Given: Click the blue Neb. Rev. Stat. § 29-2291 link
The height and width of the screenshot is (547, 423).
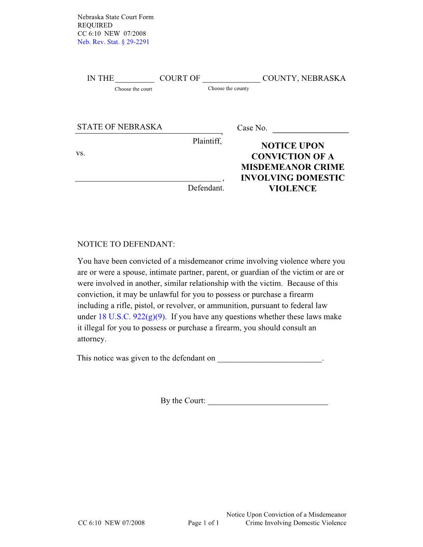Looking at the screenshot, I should [113, 42].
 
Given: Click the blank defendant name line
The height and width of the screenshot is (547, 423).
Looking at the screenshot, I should [148, 179].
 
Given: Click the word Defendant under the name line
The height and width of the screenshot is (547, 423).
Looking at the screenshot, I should [206, 188].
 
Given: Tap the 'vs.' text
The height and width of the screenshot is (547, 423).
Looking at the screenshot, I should [80, 153].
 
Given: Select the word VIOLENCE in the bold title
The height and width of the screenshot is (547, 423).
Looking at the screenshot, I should [292, 189].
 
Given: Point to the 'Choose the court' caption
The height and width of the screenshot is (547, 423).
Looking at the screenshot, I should [133, 89].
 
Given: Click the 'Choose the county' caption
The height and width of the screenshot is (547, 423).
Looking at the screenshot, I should [228, 89].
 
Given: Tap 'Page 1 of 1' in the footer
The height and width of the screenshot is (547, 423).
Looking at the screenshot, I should [204, 523].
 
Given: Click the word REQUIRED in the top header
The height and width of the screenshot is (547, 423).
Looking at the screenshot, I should [94, 25].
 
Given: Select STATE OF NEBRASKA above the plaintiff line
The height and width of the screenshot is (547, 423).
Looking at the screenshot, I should [120, 127].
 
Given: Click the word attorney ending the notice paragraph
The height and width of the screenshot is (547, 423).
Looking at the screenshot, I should [91, 339].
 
